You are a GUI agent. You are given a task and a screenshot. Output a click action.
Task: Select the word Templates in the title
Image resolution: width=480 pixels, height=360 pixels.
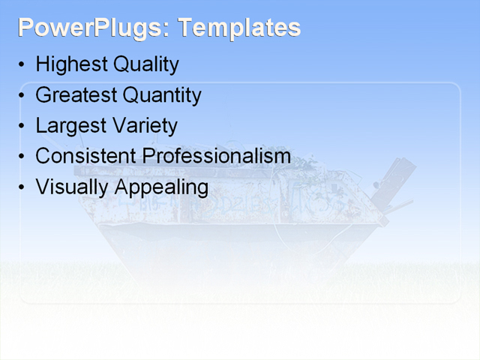point(239,28)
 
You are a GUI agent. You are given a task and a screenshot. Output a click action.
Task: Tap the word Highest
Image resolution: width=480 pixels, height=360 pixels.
point(70,64)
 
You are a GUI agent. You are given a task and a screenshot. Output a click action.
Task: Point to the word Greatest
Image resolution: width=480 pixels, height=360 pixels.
point(76,95)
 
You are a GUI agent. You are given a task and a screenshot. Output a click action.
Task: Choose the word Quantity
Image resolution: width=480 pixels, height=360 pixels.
point(162,95)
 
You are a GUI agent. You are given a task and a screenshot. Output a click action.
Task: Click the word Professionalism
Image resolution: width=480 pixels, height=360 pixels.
point(217,156)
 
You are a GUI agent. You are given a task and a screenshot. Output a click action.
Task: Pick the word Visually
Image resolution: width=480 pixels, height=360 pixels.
point(72,187)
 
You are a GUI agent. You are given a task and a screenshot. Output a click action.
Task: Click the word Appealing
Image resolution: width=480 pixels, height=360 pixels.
point(161,187)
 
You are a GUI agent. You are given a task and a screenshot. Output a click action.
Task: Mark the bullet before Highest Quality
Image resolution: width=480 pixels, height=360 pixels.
point(22,65)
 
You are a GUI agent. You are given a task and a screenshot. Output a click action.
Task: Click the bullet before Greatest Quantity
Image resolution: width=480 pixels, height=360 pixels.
point(22,96)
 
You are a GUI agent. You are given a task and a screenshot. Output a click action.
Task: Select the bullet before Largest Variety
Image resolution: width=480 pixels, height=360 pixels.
point(22,126)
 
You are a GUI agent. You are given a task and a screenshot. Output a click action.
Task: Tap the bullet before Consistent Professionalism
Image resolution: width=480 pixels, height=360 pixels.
point(22,157)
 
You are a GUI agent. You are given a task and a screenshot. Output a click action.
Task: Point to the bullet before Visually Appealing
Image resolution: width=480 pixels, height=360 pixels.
point(22,187)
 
